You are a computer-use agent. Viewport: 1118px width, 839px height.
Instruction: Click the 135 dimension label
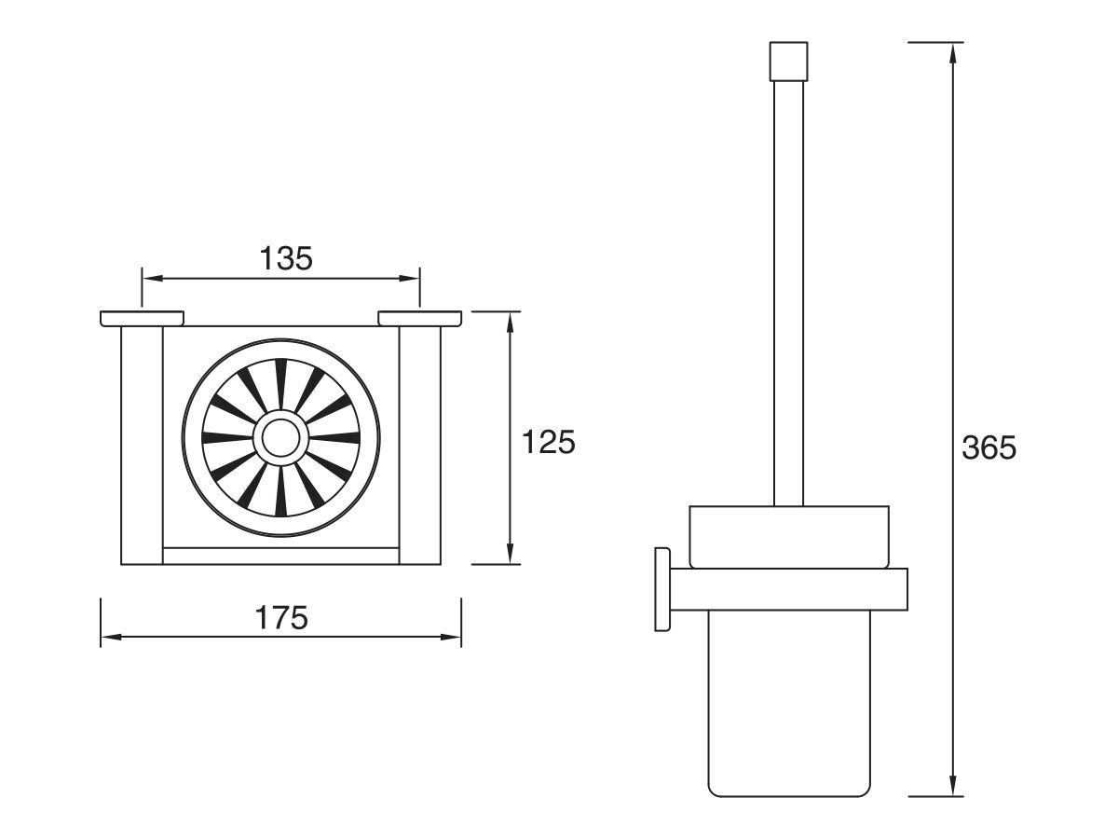tap(286, 258)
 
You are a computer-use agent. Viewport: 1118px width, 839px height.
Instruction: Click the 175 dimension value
tap(281, 618)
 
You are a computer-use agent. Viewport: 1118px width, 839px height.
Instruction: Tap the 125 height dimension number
tap(549, 442)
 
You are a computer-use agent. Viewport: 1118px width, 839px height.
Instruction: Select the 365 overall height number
tap(989, 447)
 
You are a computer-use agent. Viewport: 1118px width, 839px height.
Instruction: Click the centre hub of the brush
tap(280, 437)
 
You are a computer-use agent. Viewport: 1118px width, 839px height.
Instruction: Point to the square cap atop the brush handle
tap(788, 62)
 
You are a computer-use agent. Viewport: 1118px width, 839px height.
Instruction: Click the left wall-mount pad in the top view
tap(143, 319)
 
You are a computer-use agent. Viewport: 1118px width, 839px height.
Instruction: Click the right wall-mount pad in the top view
tap(419, 319)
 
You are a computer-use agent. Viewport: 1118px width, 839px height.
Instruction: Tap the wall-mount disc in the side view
tap(662, 589)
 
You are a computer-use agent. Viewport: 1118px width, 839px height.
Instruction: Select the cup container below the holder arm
tap(789, 703)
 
